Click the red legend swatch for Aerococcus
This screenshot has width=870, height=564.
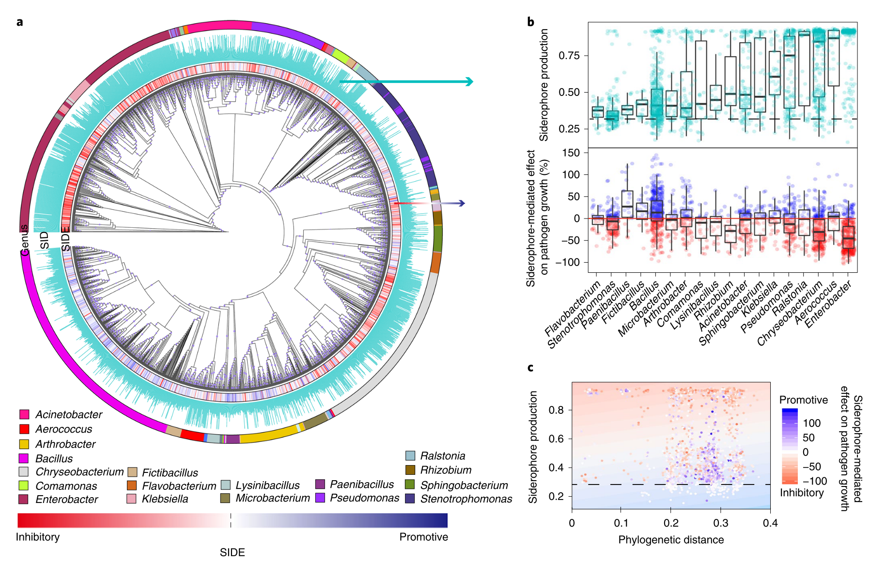24,429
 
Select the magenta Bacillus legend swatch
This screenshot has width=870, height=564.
24,458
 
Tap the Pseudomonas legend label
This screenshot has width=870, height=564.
364,498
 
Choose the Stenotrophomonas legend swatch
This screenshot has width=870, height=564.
410,499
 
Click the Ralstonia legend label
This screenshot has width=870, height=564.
442,456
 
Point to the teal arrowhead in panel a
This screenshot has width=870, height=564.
468,81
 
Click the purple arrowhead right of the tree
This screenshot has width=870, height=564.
462,204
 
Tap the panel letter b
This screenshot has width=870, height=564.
530,22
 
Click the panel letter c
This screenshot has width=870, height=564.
530,368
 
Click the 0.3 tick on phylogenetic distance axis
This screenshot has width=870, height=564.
720,523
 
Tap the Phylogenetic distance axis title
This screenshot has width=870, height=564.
671,540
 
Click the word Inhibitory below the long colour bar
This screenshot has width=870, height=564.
38,537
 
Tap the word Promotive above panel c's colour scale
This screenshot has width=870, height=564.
803,400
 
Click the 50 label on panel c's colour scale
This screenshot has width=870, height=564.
808,438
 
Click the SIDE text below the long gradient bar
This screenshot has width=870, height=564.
232,552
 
